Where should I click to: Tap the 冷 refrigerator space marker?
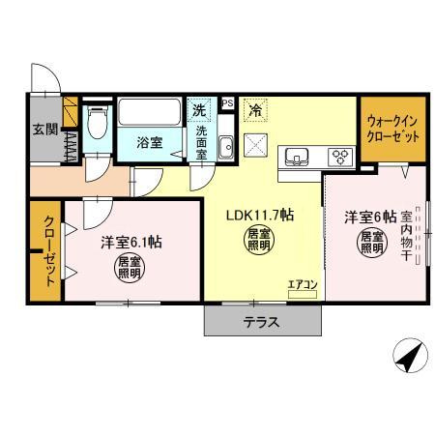click(255, 111)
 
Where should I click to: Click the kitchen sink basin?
click(295, 156)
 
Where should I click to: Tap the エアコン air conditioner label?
click(302, 284)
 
